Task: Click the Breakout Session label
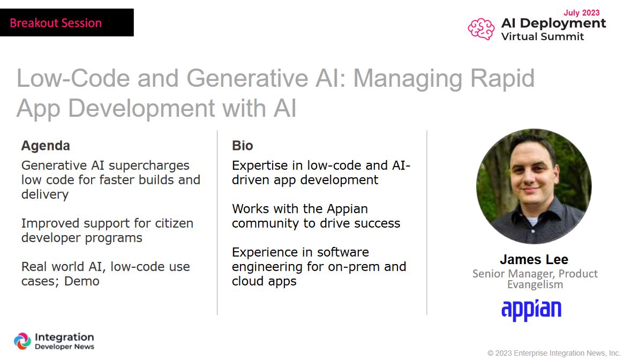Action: pyautogui.click(x=56, y=23)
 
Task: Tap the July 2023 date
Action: pyautogui.click(x=582, y=13)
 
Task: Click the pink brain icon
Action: pyautogui.click(x=482, y=29)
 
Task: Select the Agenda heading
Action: pyautogui.click(x=46, y=146)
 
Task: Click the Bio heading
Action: pyautogui.click(x=243, y=146)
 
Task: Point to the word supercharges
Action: pyautogui.click(x=149, y=166)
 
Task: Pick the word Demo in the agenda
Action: pyautogui.click(x=82, y=281)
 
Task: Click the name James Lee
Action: pyautogui.click(x=534, y=259)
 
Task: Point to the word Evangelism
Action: pyautogui.click(x=535, y=284)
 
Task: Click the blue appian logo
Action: pyautogui.click(x=531, y=310)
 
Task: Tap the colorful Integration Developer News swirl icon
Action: pyautogui.click(x=22, y=341)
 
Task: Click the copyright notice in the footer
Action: pyautogui.click(x=554, y=353)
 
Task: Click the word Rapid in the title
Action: pyautogui.click(x=502, y=78)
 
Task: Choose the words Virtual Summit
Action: pyautogui.click(x=543, y=36)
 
